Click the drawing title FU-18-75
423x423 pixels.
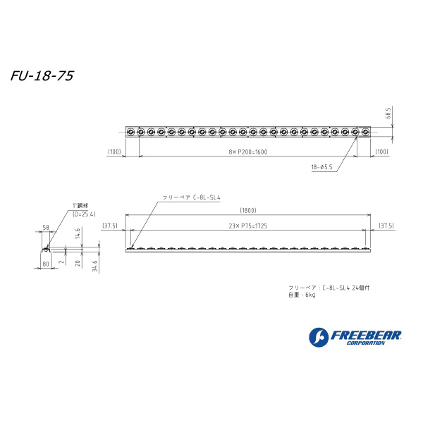tap(43, 75)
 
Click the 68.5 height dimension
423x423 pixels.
tap(388, 113)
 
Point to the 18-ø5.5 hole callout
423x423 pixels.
tap(322, 167)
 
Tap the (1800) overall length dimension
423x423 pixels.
tap(247, 210)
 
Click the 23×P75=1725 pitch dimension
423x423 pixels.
tap(247, 226)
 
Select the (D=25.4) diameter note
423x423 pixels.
tap(84, 213)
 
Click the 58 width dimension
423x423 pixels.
tap(45, 228)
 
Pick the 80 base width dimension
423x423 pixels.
tap(45, 264)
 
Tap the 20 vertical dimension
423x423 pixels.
tap(79, 263)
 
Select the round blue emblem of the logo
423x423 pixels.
tap(318, 338)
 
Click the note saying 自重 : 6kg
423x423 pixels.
tap(302, 295)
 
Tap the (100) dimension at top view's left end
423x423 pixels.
tap(114, 152)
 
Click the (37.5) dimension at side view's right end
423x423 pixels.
tap(385, 226)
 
